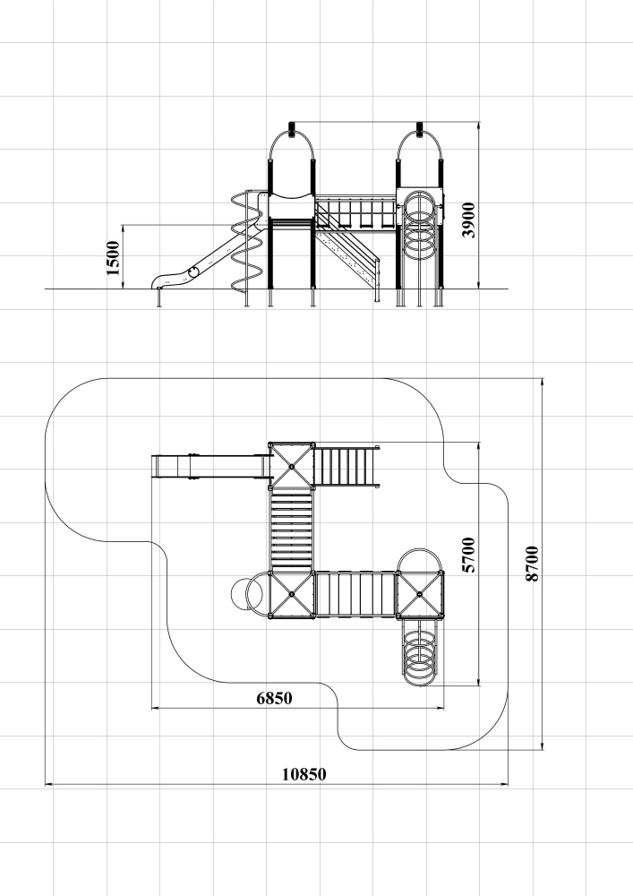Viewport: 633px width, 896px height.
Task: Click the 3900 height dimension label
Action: click(468, 220)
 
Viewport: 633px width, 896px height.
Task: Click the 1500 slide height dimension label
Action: click(113, 258)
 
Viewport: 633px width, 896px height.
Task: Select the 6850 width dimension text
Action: click(274, 698)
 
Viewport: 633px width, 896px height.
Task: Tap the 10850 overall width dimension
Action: click(304, 774)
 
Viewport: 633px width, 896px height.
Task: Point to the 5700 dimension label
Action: click(468, 555)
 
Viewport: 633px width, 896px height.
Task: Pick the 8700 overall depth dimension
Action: click(532, 564)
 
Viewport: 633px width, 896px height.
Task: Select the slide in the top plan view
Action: click(210, 466)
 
